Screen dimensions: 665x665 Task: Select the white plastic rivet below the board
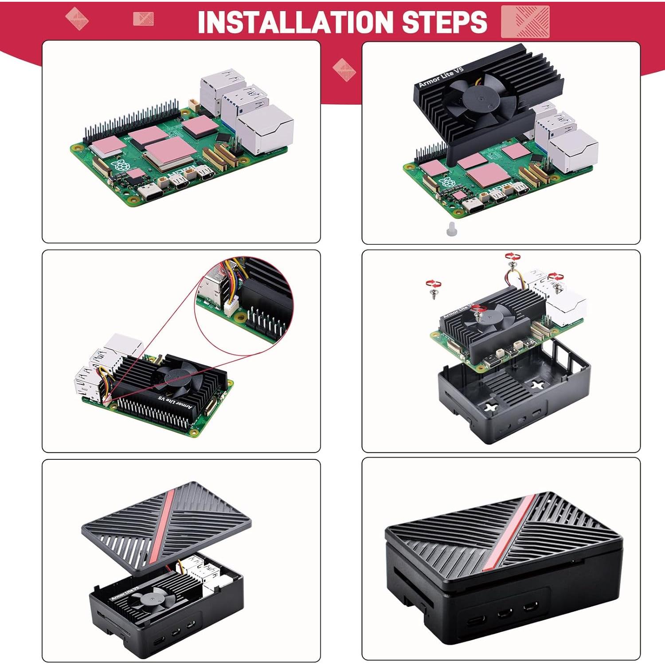coord(451,229)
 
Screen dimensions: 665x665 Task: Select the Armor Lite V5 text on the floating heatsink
coord(441,77)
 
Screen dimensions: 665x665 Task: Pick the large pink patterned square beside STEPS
coord(525,21)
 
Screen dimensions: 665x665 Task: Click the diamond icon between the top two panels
coord(344,70)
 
